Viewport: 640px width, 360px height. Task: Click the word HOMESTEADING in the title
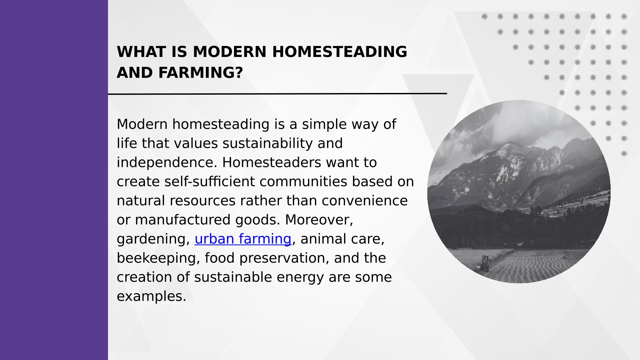pyautogui.click(x=340, y=52)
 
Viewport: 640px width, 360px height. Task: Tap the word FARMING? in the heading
pyautogui.click(x=201, y=73)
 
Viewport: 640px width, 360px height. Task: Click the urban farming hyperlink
pyautogui.click(x=243, y=239)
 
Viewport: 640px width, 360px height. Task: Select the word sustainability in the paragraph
pyautogui.click(x=268, y=143)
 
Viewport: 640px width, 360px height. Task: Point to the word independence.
pyautogui.click(x=167, y=163)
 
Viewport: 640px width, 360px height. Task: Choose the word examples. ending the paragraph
pyautogui.click(x=151, y=296)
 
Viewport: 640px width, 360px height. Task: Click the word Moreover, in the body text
pyautogui.click(x=319, y=220)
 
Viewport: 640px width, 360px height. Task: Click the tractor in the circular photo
pyautogui.click(x=485, y=263)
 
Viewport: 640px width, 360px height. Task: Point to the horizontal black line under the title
pyautogui.click(x=277, y=94)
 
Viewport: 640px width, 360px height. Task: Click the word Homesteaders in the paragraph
pyautogui.click(x=271, y=163)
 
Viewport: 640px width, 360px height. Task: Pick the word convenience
pyautogui.click(x=365, y=201)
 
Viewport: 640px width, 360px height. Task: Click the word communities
pyautogui.click(x=304, y=182)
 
